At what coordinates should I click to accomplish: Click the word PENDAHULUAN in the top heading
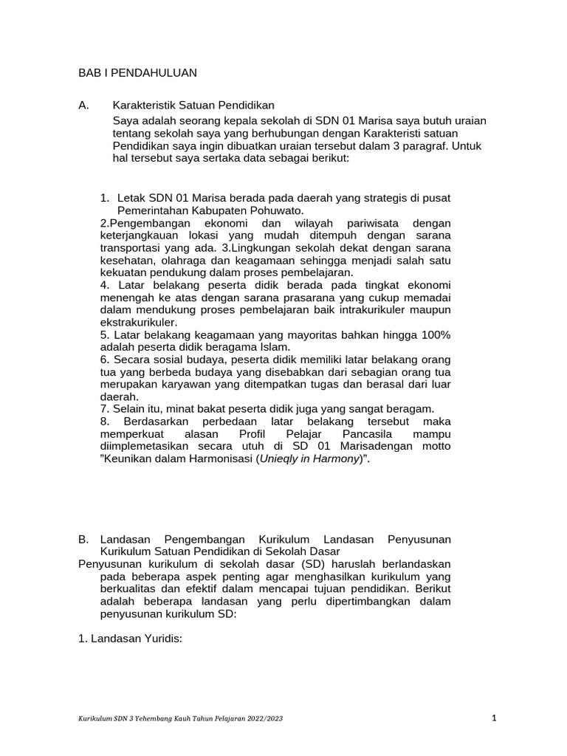(155, 73)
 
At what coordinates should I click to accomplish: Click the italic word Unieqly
(278, 459)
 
